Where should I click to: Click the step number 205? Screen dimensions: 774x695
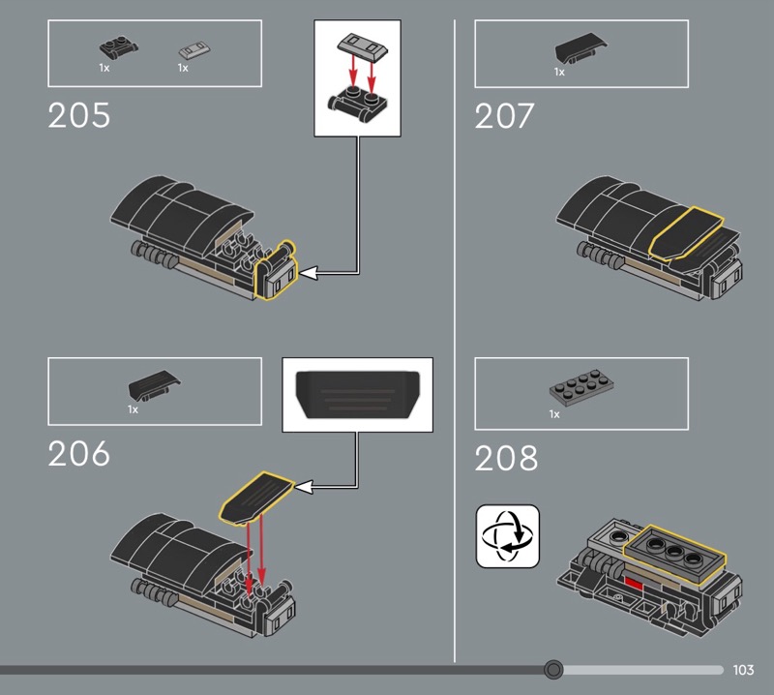[x=79, y=115]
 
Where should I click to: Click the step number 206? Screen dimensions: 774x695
[x=79, y=453]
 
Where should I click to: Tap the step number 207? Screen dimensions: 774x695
[x=504, y=115]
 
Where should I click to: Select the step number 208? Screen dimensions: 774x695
[x=506, y=458]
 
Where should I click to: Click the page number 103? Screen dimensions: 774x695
[x=743, y=670]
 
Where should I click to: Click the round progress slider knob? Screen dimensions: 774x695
[x=553, y=670]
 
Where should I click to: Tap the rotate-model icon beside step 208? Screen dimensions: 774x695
[x=507, y=536]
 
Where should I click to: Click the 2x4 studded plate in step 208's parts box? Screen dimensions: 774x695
[x=582, y=389]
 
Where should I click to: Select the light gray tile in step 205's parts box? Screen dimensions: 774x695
[x=194, y=49]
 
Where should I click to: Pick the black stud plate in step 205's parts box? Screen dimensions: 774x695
[x=118, y=46]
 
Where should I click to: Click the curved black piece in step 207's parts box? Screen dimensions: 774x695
[x=581, y=47]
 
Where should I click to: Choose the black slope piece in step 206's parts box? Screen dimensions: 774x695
[x=155, y=384]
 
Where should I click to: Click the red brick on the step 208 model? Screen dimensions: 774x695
[x=634, y=584]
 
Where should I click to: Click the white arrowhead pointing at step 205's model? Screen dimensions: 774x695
[x=309, y=273]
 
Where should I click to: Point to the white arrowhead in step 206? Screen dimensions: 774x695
[x=304, y=487]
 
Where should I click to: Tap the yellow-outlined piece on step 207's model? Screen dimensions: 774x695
[x=686, y=233]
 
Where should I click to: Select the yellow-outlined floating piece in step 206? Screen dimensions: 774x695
[x=256, y=497]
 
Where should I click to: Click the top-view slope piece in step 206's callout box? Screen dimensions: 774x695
[x=357, y=395]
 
